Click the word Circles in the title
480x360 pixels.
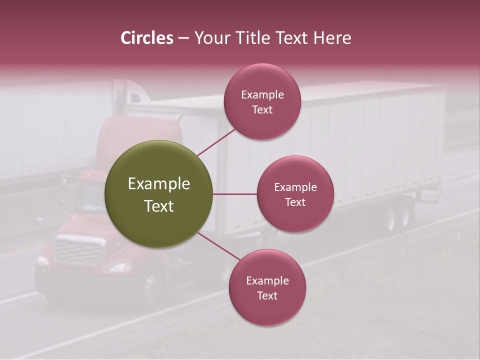(x=147, y=38)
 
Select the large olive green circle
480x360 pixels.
(x=158, y=194)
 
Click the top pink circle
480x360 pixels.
(x=262, y=102)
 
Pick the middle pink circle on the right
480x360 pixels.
(x=295, y=194)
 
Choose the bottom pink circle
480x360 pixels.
(x=267, y=287)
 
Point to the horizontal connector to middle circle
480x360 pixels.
(x=234, y=194)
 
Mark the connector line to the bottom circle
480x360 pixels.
(x=218, y=246)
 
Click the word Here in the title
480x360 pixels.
(x=333, y=38)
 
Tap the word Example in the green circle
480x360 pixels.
(x=158, y=184)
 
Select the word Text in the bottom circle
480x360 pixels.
(x=267, y=295)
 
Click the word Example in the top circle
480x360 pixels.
(x=262, y=94)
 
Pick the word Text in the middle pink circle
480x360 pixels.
(x=295, y=202)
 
